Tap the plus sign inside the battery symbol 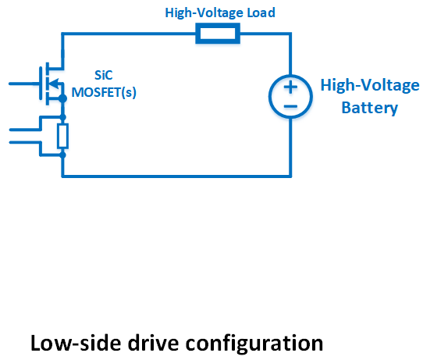pos(290,87)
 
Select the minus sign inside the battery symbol pos(290,106)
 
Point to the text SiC pos(103,75)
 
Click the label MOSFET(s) pos(104,92)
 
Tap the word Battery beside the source pos(370,108)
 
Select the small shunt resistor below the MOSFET pos(62,136)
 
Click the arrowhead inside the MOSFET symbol pos(55,83)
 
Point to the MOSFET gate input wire pos(24,84)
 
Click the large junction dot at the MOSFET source pos(62,98)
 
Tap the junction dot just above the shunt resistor pos(62,117)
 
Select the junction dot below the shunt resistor pos(62,155)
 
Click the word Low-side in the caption pos(76,343)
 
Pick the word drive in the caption pos(153,343)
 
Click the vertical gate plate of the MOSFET pos(41,84)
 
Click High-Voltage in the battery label pos(370,86)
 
